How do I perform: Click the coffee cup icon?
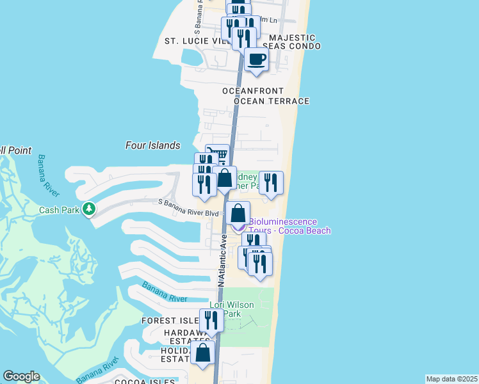coord(257,60)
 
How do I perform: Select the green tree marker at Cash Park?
coord(89,209)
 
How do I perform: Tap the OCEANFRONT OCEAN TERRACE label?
coord(266,96)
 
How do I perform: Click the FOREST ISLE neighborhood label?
coord(170,321)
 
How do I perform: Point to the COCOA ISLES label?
coord(145,382)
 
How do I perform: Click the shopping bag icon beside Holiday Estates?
coord(203,353)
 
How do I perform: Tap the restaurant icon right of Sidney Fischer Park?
coord(271,183)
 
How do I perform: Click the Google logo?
coord(21,376)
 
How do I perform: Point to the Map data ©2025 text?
coord(452,379)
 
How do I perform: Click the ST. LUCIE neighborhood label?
coord(187,41)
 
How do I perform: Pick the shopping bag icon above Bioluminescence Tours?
coord(238,212)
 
